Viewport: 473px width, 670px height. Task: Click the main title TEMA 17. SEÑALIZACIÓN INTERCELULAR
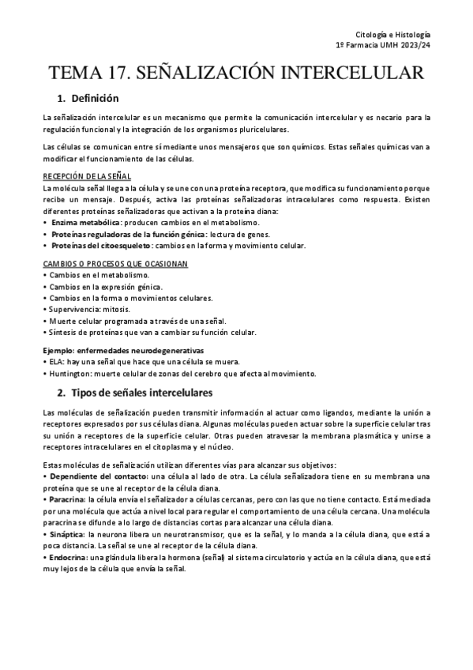[236, 73]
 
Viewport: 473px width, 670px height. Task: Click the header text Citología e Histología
[393, 35]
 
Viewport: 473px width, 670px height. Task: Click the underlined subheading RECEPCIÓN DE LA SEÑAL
[87, 176]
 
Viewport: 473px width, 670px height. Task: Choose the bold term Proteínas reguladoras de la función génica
[127, 235]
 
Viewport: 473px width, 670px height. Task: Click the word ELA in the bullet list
[54, 361]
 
